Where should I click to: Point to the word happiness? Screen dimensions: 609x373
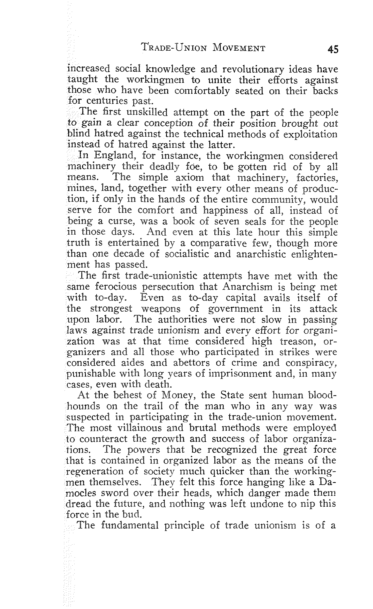(x=226, y=211)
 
